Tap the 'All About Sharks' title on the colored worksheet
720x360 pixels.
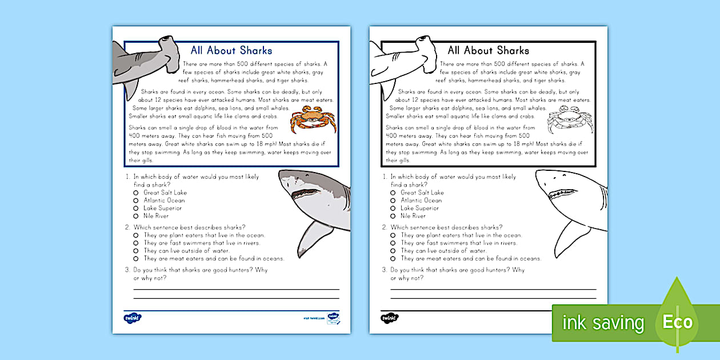click(231, 50)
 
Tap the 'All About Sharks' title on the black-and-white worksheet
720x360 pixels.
click(489, 50)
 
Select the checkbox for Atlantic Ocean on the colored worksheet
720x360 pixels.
click(136, 201)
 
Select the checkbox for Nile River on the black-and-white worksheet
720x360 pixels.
click(393, 216)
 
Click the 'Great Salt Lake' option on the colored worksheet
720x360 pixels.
click(165, 193)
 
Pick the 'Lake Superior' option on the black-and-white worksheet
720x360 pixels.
click(420, 208)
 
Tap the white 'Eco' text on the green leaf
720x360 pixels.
click(678, 322)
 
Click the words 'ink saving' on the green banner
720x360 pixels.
click(603, 323)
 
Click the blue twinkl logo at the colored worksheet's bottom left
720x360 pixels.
click(132, 318)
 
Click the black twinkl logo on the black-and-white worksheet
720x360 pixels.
click(389, 318)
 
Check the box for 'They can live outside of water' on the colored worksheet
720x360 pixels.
click(136, 251)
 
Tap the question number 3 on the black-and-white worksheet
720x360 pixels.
click(385, 270)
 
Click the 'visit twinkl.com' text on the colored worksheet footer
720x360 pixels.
click(314, 318)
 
